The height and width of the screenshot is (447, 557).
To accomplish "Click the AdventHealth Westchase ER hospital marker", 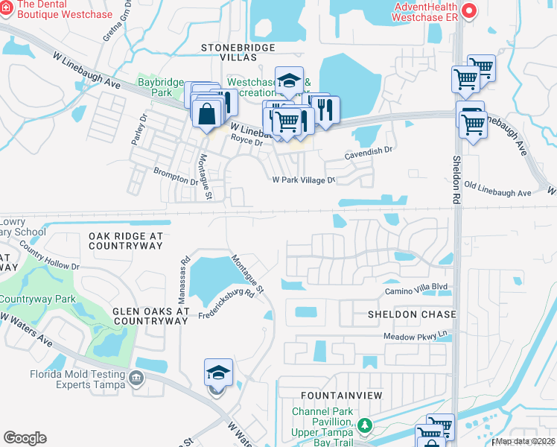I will coord(469,10).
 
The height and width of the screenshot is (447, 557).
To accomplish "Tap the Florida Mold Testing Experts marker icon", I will coord(136,378).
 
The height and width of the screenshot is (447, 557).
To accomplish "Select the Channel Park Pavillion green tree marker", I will coord(364,425).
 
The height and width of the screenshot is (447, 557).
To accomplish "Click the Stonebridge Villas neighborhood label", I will coord(238,52).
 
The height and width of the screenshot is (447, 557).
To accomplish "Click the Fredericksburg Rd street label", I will coord(226,305).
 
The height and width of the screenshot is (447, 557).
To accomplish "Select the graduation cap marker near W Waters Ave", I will coord(219,372).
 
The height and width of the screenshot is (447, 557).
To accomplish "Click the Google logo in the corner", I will coord(25,438).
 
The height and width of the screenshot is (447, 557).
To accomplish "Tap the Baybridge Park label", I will coord(155,88).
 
